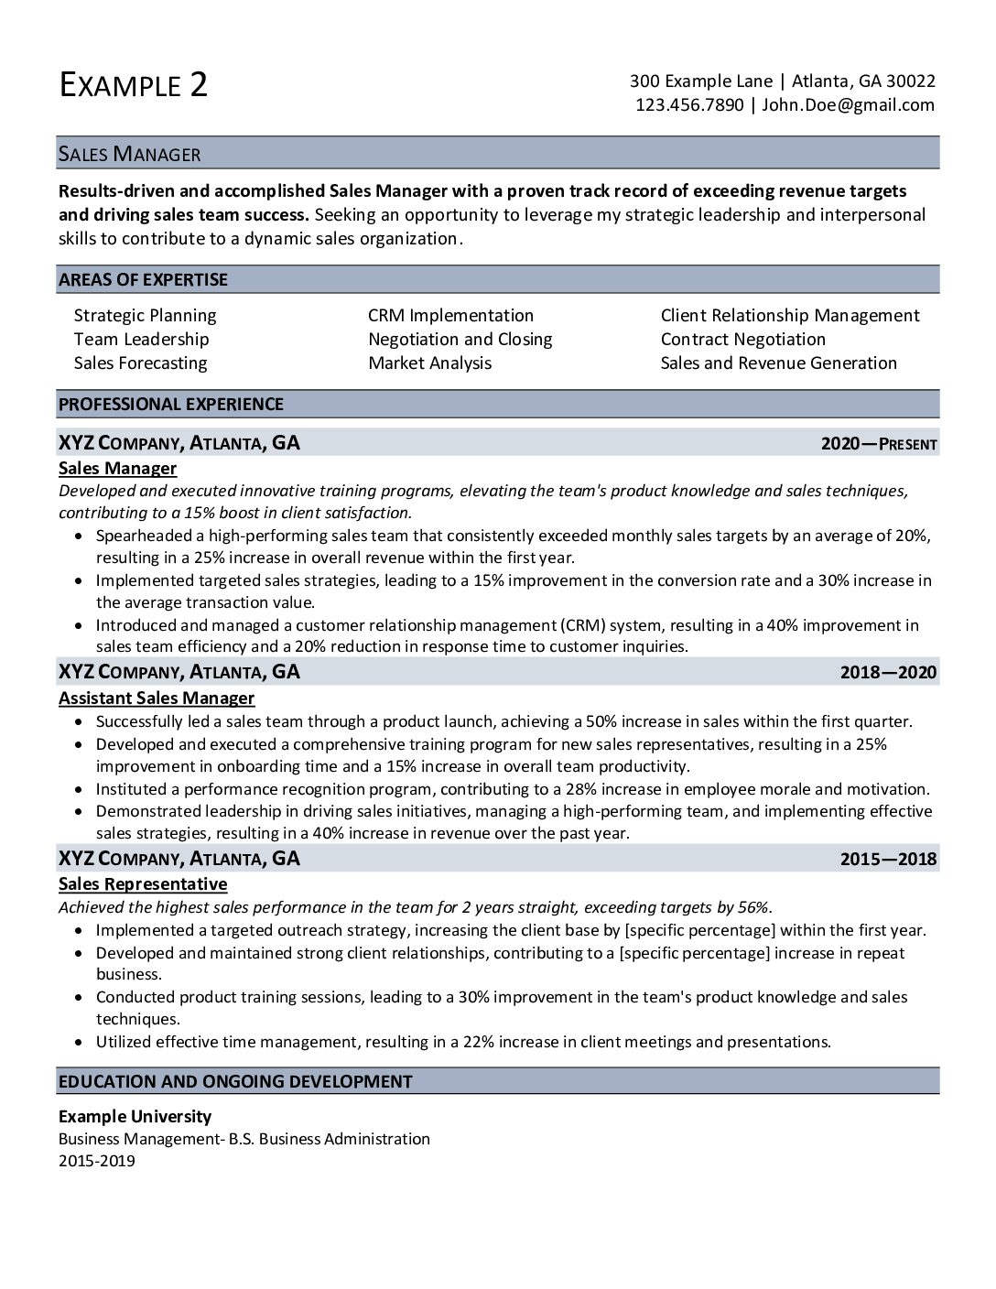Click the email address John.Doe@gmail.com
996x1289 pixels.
848,104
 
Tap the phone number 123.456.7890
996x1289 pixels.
689,104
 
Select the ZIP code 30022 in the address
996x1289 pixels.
911,81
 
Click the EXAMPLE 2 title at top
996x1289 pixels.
134,84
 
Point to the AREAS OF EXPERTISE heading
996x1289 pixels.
143,279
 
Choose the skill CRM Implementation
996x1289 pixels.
450,315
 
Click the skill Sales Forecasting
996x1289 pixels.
140,363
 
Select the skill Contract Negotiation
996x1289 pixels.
742,339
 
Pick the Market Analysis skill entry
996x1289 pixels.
429,363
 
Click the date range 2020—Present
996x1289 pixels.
879,444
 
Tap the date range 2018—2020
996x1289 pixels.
888,673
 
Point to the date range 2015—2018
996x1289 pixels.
888,859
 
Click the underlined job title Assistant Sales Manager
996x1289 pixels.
157,698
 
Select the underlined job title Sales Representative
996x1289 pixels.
143,883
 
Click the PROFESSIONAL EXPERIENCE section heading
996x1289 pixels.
170,404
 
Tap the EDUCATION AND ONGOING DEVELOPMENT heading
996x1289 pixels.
235,1081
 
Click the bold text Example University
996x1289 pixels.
135,1116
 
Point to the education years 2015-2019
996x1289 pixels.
96,1161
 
